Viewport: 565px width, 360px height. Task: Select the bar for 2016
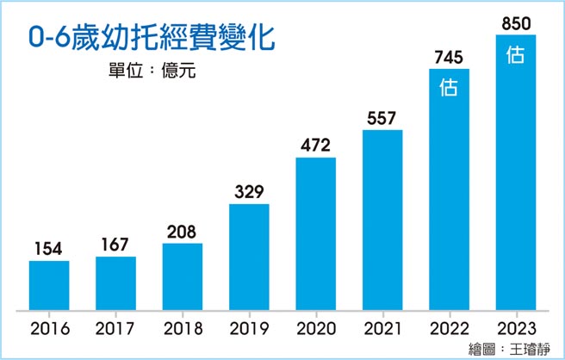point(49,285)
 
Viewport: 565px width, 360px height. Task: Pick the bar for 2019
point(249,258)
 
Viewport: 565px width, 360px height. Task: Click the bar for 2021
point(382,220)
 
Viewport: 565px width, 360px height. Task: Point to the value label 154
point(49,248)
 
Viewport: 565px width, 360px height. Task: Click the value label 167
point(115,245)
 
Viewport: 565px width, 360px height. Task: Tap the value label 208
point(182,232)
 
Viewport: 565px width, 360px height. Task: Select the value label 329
point(249,191)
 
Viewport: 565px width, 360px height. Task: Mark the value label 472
point(315,145)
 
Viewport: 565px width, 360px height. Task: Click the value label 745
point(449,57)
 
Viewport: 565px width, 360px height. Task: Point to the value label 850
point(515,21)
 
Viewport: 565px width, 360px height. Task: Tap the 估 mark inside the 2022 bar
point(449,87)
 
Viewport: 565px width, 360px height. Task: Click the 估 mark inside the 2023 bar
point(515,54)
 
